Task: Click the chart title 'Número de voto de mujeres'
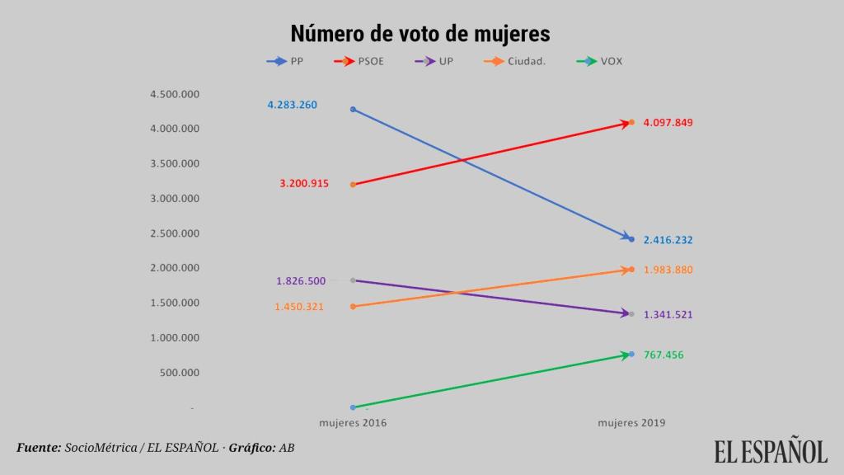coord(420,34)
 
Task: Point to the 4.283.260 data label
coord(292,105)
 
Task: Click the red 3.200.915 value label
coord(303,184)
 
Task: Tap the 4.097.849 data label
coord(668,123)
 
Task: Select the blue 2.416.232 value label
coord(668,240)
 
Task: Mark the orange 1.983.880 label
coord(668,270)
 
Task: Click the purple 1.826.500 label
coord(301,281)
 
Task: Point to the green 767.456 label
coord(663,355)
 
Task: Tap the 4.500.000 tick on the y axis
coord(174,94)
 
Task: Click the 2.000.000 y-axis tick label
coord(174,268)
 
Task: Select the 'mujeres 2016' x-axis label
coord(353,423)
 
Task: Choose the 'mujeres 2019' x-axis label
coord(631,423)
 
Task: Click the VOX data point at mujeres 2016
coord(353,407)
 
